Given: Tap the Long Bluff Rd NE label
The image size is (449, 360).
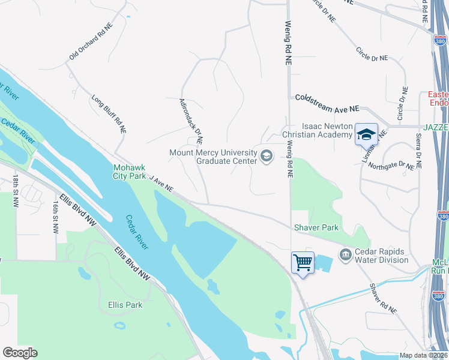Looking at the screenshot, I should click(x=109, y=113).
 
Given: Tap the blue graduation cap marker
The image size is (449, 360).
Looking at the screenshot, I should click(x=366, y=134).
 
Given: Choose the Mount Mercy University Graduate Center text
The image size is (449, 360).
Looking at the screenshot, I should click(x=213, y=157).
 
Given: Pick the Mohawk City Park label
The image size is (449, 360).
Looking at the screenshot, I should click(x=130, y=172).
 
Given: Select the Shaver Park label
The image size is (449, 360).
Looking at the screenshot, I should click(x=316, y=227).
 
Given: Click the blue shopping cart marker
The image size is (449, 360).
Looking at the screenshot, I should click(x=303, y=262).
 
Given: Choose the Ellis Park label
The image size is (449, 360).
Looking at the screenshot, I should click(x=125, y=305).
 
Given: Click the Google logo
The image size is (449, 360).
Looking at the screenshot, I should click(x=20, y=353).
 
